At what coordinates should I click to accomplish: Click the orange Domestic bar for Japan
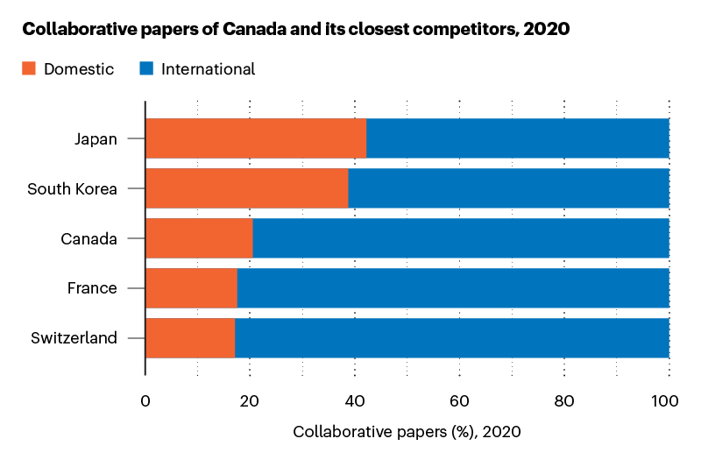coord(255,138)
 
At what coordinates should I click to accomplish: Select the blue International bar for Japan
coord(517,138)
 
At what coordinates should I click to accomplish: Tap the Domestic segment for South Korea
coord(246,188)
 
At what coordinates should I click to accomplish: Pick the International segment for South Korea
coord(508,188)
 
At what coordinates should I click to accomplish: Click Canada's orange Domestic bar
coord(199,238)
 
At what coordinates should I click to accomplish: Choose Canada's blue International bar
coord(461,238)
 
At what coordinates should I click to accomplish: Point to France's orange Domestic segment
coord(191,288)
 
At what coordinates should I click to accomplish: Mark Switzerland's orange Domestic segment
coord(189,338)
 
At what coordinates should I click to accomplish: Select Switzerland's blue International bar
coord(451,338)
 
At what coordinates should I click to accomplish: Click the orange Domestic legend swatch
coord(29,68)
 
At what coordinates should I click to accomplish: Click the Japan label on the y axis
coord(96,138)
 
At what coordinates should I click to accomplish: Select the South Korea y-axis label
coord(72,188)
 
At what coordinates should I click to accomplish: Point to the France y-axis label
coord(92,288)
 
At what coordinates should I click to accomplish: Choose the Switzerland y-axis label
coord(74,338)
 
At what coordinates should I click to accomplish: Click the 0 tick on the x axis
coord(145,402)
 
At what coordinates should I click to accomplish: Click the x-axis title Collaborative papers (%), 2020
coord(407,432)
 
